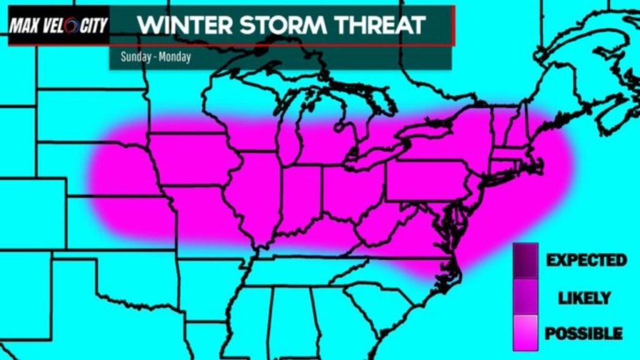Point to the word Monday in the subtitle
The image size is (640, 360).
[174, 56]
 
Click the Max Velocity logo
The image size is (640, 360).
[58, 26]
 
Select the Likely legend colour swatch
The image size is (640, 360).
[525, 296]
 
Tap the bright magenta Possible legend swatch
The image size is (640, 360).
[525, 331]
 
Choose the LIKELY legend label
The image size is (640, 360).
[586, 297]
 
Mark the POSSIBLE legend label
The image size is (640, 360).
[584, 333]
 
